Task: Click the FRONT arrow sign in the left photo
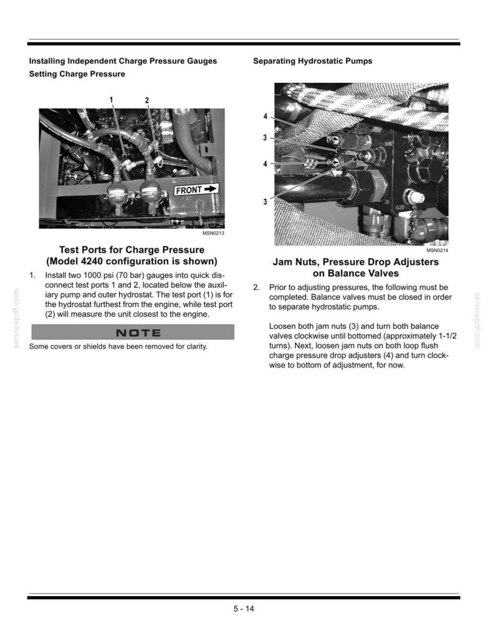pos(196,190)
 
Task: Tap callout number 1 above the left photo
pos(111,99)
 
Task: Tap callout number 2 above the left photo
pos(147,100)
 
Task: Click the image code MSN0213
pos(213,233)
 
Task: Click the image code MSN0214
pos(438,250)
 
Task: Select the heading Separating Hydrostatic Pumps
pos(313,61)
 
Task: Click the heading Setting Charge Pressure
pos(77,74)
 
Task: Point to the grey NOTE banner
pos(133,332)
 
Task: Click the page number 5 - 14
pos(244,609)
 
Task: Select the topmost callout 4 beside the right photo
pos(266,117)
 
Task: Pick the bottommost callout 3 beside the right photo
pos(266,201)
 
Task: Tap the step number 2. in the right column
pos(256,287)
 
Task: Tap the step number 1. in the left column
pos(32,275)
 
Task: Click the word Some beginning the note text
pos(37,347)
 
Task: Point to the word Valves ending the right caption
pos(382,273)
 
